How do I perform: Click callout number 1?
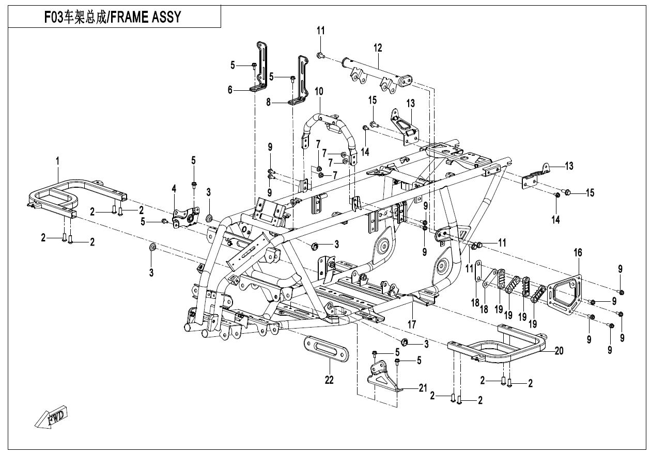click(x=57, y=161)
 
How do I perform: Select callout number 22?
click(x=329, y=380)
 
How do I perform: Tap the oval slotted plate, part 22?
click(x=326, y=355)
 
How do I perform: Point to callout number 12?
click(x=378, y=48)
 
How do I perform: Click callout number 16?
click(x=578, y=252)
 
